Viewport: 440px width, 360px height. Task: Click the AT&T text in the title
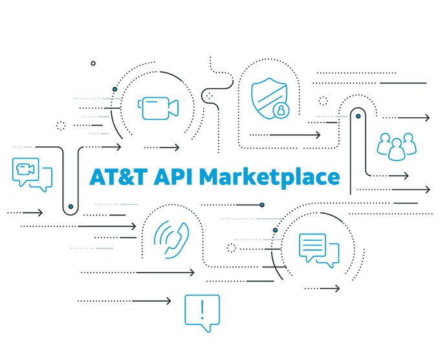(119, 177)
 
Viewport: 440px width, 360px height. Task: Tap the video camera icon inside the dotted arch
(158, 107)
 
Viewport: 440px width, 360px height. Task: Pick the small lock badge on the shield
(281, 110)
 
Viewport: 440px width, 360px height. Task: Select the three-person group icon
(395, 146)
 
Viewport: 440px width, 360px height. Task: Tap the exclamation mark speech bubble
(202, 312)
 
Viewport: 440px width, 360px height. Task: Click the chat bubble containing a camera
(29, 174)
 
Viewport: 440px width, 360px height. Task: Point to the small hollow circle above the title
(93, 63)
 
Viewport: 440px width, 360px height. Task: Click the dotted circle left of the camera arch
(61, 126)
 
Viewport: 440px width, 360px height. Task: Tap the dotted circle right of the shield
(323, 101)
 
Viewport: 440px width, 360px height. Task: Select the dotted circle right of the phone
(230, 248)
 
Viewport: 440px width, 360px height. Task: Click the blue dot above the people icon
(358, 117)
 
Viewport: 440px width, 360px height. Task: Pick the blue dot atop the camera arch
(115, 88)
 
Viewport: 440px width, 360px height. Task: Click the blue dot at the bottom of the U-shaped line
(71, 207)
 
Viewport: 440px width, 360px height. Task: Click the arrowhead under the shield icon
(318, 135)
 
